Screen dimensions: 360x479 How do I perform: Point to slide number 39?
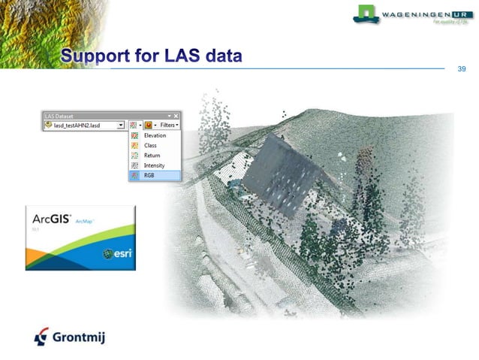coord(461,69)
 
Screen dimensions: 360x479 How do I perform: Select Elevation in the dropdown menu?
coord(155,136)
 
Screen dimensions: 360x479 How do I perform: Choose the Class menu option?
coord(151,146)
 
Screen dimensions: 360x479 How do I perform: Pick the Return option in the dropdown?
coord(152,156)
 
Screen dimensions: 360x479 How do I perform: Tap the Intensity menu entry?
coord(154,165)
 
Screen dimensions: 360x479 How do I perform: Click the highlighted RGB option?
coord(149,175)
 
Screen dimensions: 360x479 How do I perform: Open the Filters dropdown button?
coord(168,125)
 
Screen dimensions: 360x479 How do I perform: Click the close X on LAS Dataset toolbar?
coord(178,116)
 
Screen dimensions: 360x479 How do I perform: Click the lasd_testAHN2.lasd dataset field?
coord(81,126)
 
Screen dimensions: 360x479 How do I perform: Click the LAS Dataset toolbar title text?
coord(61,116)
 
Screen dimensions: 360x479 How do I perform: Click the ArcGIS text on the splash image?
coord(50,219)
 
